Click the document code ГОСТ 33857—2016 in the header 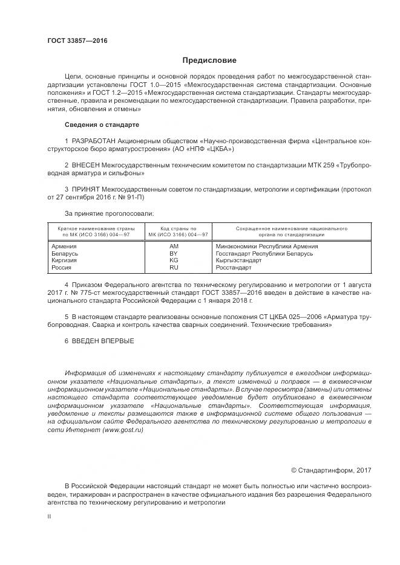click(77, 40)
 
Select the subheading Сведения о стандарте click(102, 124)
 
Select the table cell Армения click(64, 247)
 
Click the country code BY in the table click(174, 254)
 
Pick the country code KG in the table click(174, 260)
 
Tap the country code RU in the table click(174, 267)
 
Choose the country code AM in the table click(174, 247)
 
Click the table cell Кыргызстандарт click(238, 260)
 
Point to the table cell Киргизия click(65, 260)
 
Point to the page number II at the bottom click(50, 517)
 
